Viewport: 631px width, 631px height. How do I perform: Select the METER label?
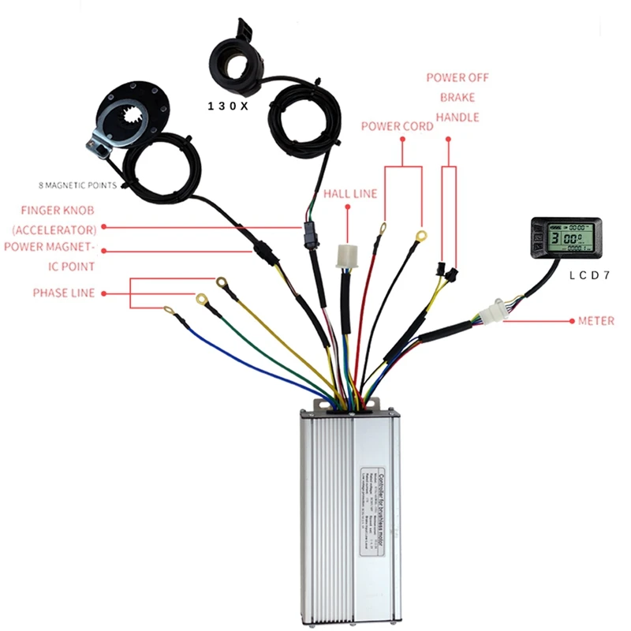pyautogui.click(x=596, y=322)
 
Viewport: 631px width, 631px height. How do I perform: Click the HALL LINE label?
pyautogui.click(x=350, y=194)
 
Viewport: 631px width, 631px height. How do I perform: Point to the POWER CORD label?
pyautogui.click(x=397, y=126)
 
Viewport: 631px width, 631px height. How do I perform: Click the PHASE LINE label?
pyautogui.click(x=63, y=293)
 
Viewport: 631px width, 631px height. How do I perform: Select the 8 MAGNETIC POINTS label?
pyautogui.click(x=77, y=185)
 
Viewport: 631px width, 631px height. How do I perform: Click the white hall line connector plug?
pyautogui.click(x=347, y=257)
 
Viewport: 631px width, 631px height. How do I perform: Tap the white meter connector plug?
pyautogui.click(x=496, y=310)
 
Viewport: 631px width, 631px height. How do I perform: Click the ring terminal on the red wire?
pyautogui.click(x=382, y=230)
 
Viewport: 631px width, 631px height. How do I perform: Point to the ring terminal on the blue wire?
pyautogui.click(x=170, y=310)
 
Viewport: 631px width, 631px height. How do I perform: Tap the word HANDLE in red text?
pyautogui.click(x=457, y=117)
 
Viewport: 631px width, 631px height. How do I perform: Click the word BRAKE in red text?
pyautogui.click(x=457, y=97)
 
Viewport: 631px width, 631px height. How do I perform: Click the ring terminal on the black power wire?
pyautogui.click(x=421, y=234)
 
